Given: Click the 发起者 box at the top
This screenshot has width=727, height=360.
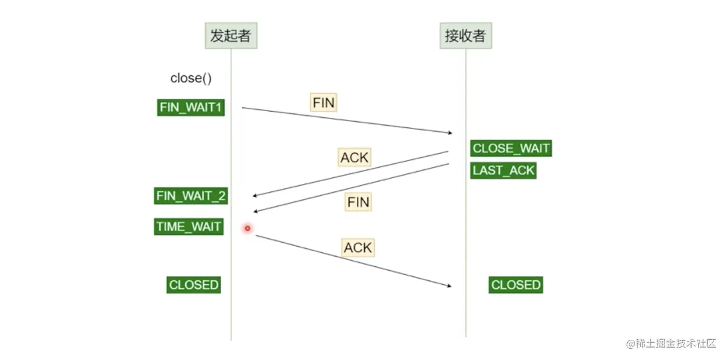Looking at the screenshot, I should point(231,36).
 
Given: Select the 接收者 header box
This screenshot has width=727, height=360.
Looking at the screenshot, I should point(465,36).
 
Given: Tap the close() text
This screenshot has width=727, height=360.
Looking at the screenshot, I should point(191,78).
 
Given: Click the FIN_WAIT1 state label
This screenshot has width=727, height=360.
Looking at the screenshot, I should point(191,107).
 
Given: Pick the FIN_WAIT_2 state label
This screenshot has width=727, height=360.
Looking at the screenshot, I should point(191,196).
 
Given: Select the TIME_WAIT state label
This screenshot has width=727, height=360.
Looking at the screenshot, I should point(188,227).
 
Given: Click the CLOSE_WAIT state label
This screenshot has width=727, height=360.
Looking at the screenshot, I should point(510,149).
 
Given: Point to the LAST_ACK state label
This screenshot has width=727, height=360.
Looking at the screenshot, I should point(503,170).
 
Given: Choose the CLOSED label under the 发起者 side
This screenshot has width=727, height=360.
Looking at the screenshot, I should point(194,285).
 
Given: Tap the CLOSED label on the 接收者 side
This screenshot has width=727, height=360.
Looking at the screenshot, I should point(516,285).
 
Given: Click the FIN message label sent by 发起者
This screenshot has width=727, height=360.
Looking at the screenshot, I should point(324,103).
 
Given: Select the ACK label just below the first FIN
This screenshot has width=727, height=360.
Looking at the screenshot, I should point(355,158).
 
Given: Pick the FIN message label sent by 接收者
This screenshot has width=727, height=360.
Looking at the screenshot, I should point(358,202).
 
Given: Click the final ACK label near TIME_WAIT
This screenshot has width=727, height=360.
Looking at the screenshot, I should point(357,247).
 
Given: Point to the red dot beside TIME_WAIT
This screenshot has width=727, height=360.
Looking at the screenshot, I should point(247,228).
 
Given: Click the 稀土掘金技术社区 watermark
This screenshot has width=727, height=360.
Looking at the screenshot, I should point(671,343).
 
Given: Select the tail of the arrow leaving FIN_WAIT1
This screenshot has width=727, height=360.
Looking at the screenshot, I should point(243,108).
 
